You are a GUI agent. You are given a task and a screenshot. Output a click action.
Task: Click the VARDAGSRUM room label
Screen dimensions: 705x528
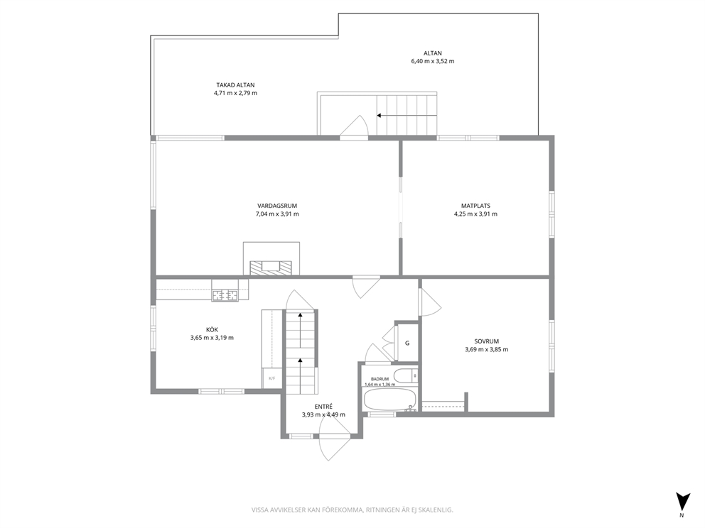point(277,206)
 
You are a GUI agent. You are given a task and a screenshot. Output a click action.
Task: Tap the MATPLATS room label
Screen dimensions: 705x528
point(475,206)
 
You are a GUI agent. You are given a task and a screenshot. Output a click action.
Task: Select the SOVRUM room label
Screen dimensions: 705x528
point(487,341)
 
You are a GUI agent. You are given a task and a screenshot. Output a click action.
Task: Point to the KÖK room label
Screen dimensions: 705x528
point(212,329)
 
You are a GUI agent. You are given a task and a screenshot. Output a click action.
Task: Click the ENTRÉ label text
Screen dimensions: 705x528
point(324,407)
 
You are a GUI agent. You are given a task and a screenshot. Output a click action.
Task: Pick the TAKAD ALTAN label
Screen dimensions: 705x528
point(236,85)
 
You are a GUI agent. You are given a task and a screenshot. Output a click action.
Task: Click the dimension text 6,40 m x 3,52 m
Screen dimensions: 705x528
point(433,61)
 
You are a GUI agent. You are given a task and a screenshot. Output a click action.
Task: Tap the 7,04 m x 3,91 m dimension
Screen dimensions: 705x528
point(277,214)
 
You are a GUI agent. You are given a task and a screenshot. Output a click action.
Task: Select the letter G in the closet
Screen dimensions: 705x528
point(407,343)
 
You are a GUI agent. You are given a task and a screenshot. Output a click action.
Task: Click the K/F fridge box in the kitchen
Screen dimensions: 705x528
point(272,378)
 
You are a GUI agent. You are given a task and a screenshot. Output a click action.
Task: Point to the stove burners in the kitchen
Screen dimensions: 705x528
point(225,295)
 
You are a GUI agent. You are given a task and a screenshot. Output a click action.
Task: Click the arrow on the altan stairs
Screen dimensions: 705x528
point(407,116)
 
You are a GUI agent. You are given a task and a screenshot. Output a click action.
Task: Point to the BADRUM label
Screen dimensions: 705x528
point(380,379)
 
